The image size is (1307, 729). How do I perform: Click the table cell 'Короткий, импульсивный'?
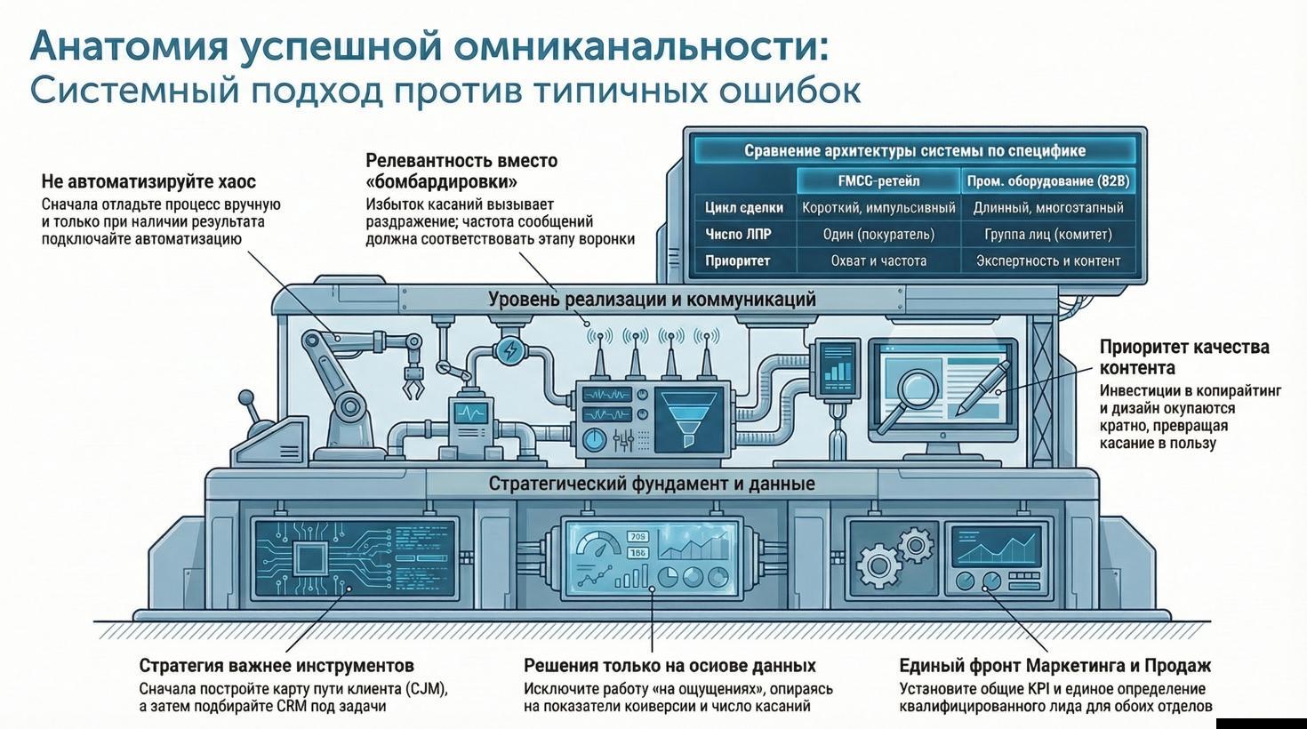878,208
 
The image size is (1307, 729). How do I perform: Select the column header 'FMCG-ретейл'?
878,180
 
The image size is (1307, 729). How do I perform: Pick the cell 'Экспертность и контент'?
1048,261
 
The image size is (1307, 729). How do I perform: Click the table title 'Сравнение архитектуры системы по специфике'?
915,150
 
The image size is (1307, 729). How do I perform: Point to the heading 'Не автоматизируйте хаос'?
148,182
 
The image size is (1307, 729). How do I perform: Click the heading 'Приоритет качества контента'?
1183,357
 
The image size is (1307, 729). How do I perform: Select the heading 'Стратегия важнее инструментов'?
277,666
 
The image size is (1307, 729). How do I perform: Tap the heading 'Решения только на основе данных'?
670,666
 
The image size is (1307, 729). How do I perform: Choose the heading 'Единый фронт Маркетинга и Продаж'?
1054,666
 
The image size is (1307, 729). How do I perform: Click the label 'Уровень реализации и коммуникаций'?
652,300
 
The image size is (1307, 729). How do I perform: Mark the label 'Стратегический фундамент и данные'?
652,485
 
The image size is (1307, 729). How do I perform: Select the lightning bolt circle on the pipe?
510,350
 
